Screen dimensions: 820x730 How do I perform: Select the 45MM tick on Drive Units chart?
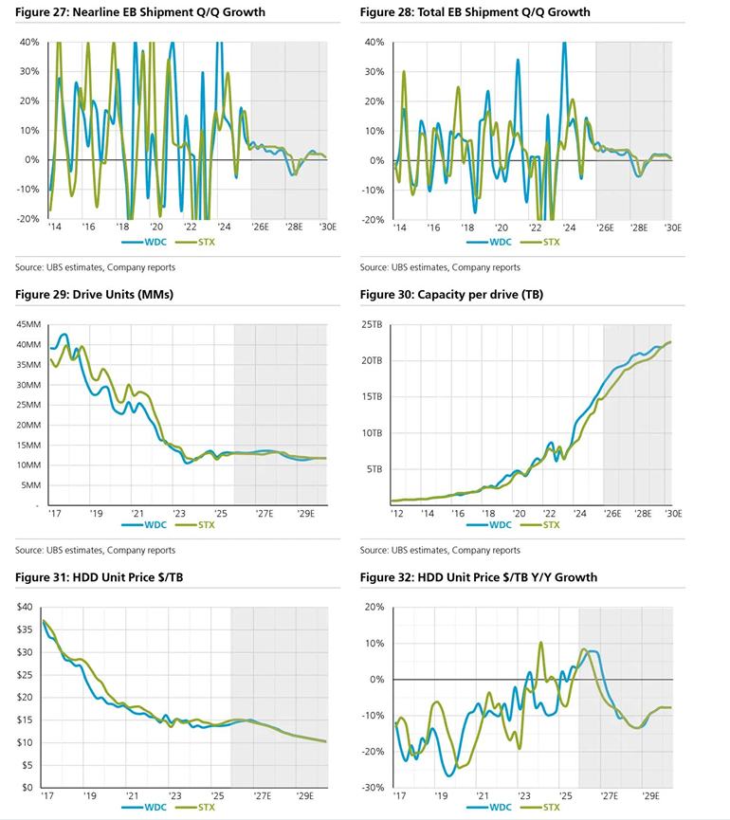(27, 324)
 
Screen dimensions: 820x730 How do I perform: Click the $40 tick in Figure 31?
(25, 607)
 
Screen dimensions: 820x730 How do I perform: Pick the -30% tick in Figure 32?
(371, 788)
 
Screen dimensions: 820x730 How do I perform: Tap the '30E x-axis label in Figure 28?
(672, 228)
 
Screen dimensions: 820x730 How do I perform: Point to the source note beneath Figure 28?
(440, 267)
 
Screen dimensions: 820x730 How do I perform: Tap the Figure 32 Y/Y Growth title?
(479, 577)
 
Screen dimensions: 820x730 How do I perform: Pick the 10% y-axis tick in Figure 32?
(374, 643)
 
